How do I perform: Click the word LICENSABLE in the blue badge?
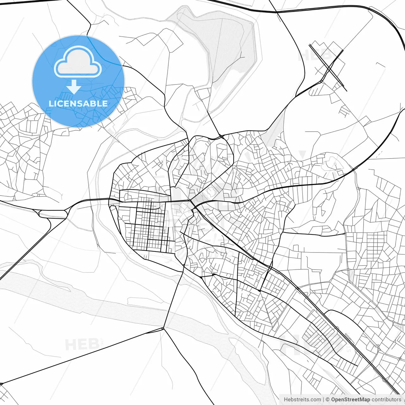point(78,103)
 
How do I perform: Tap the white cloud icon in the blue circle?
point(78,63)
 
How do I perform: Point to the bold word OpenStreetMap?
point(350,399)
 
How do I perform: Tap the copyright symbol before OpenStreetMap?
point(327,399)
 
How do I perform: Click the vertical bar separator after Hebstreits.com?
point(323,399)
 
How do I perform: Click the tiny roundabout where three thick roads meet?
point(163,329)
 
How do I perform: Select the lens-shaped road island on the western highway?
point(53,214)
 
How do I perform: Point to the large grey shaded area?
point(231,47)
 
